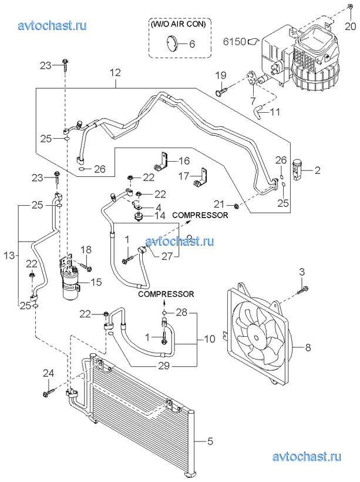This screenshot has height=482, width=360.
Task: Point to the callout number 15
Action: pos(95,282)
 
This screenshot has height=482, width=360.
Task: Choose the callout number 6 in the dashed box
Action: pos(192,43)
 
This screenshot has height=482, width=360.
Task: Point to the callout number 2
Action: pos(317,171)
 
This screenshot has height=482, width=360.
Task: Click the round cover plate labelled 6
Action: pos(171,42)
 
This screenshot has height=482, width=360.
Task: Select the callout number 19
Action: pos(220,75)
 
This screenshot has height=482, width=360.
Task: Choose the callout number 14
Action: pos(160,216)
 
